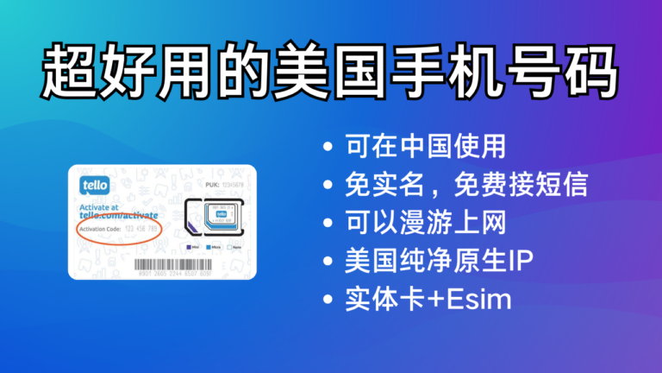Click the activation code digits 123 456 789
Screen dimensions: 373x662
pos(142,229)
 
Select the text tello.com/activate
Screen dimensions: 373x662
pos(120,216)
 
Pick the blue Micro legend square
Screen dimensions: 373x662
pos(209,247)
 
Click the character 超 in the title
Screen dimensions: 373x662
pos(70,71)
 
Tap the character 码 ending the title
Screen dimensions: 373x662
pos(591,71)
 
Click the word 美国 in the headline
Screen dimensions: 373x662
pos(316,71)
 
